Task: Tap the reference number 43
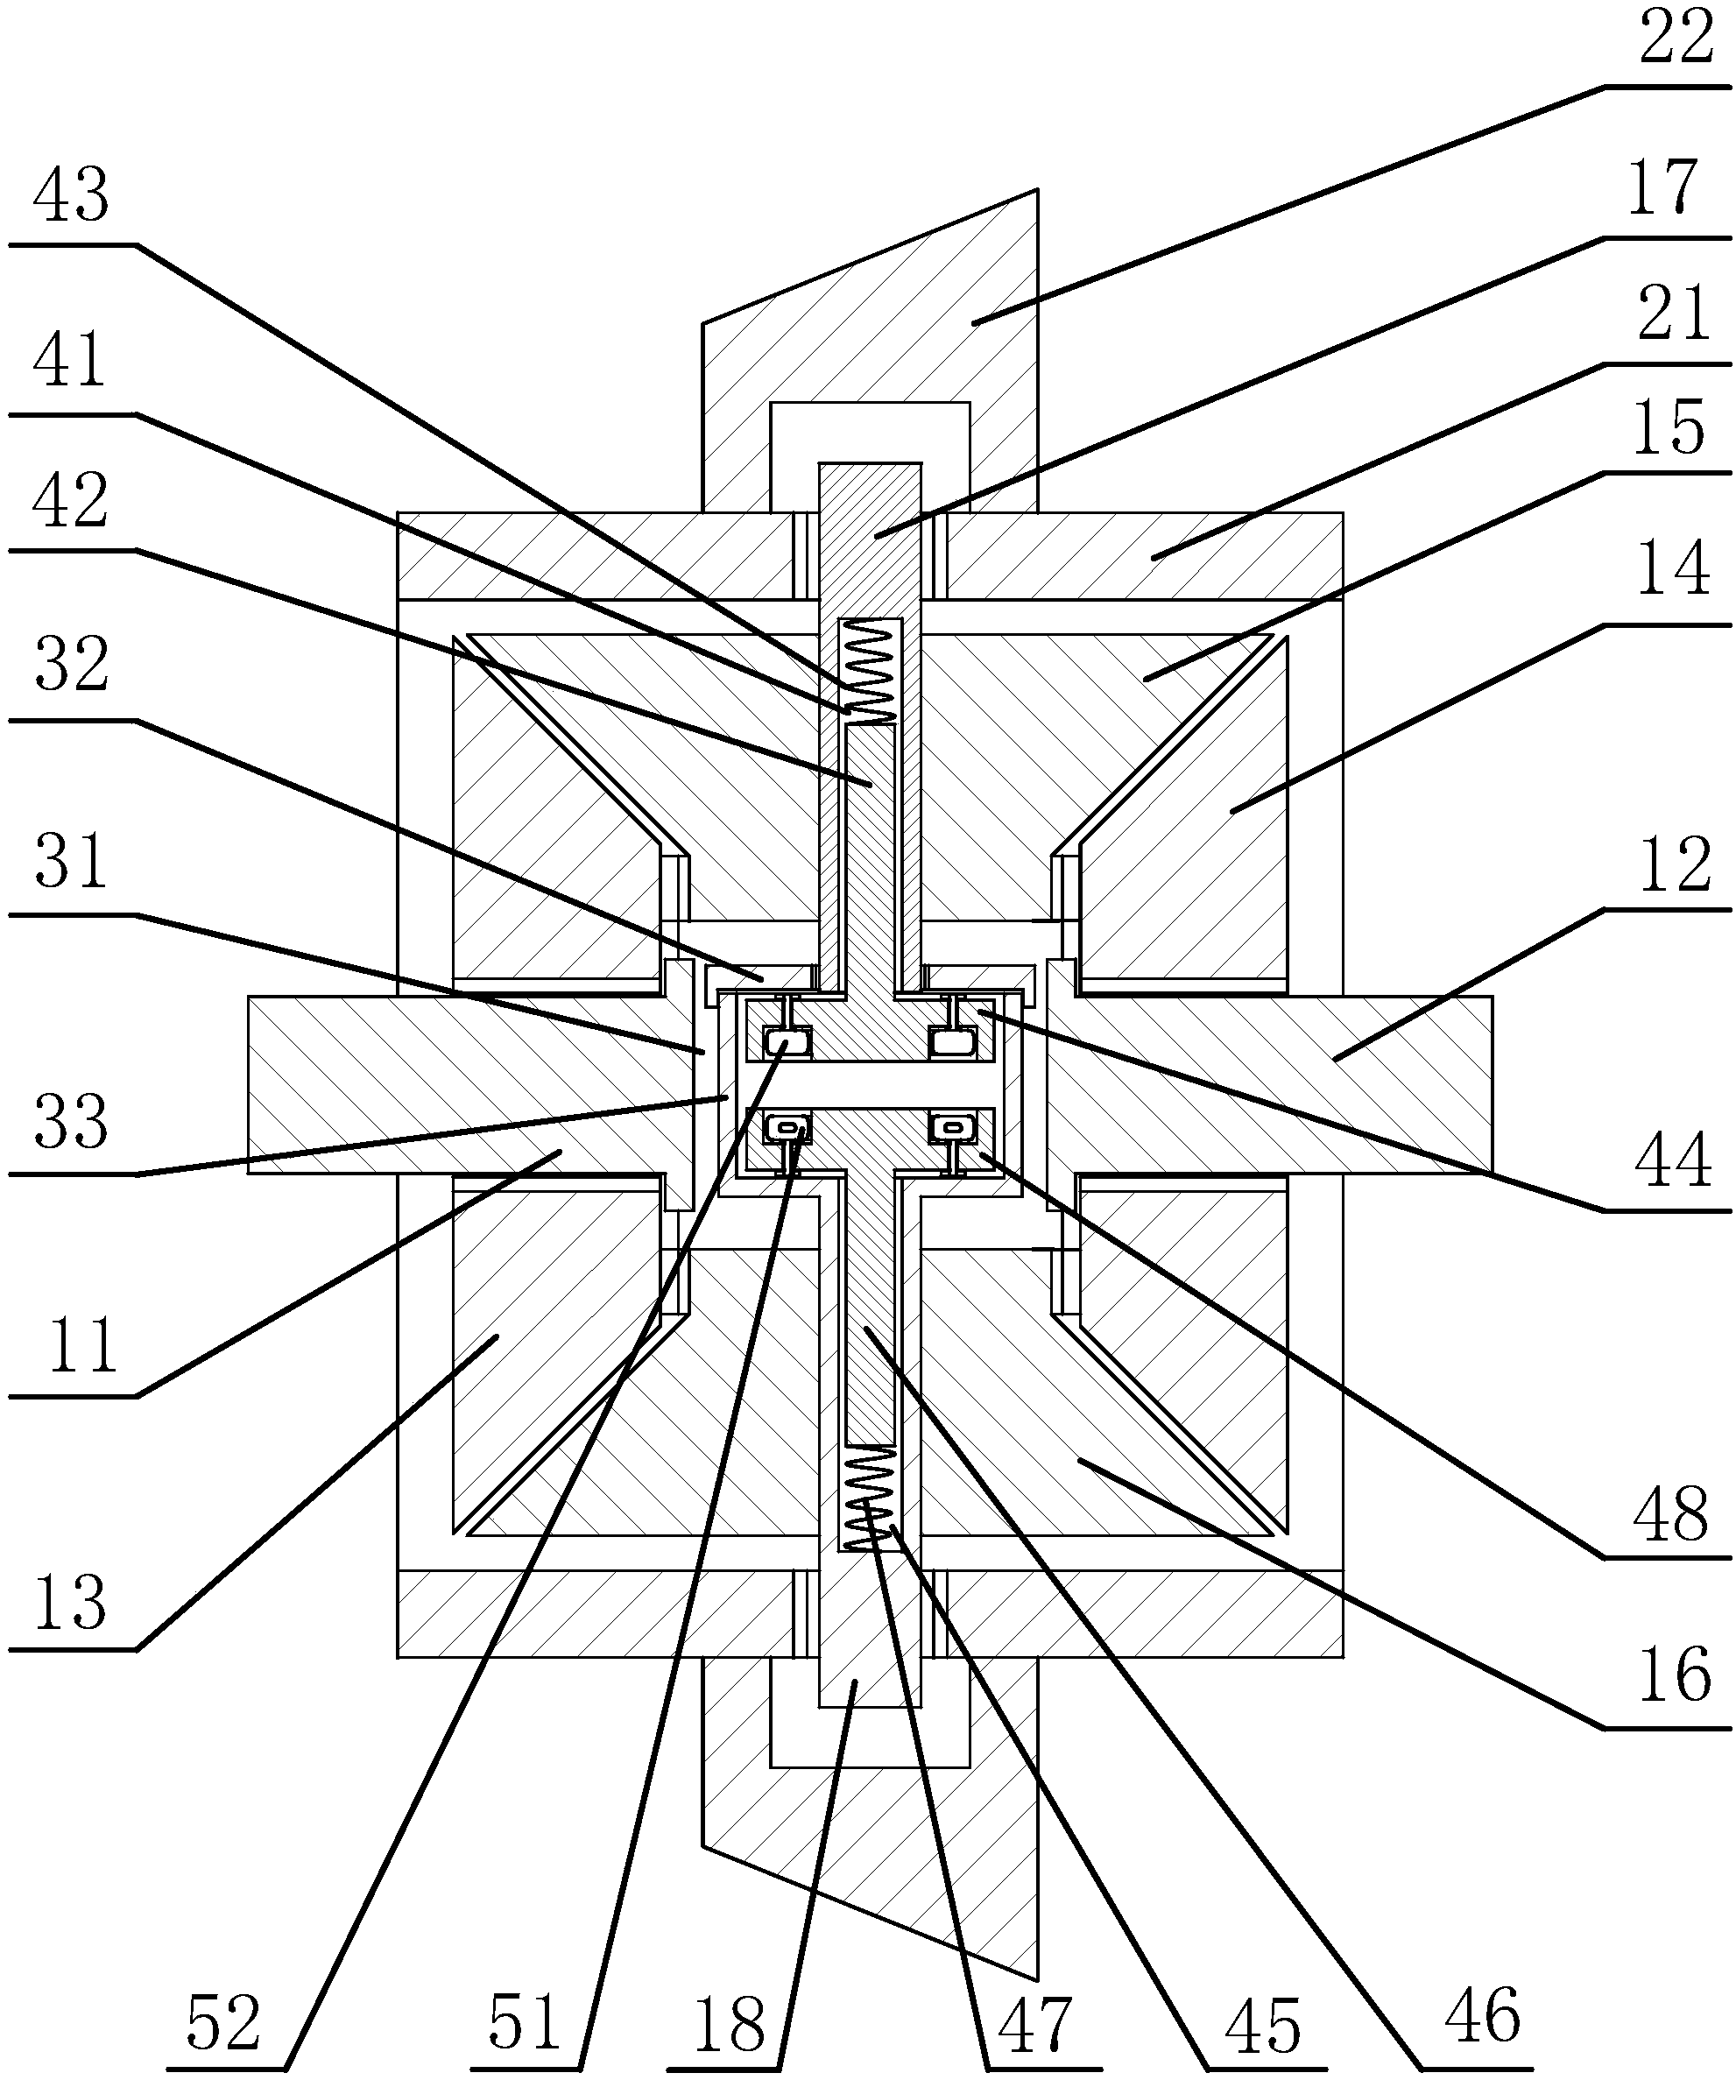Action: [x=71, y=195]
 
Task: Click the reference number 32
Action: [x=71, y=665]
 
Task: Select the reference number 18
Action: [x=730, y=2025]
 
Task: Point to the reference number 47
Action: [x=1035, y=2025]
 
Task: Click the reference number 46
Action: [x=1483, y=2015]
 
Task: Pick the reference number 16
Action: [x=1674, y=1674]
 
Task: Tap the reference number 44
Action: [x=1674, y=1159]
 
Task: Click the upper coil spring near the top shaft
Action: [x=869, y=673]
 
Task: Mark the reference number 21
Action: [x=1674, y=313]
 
